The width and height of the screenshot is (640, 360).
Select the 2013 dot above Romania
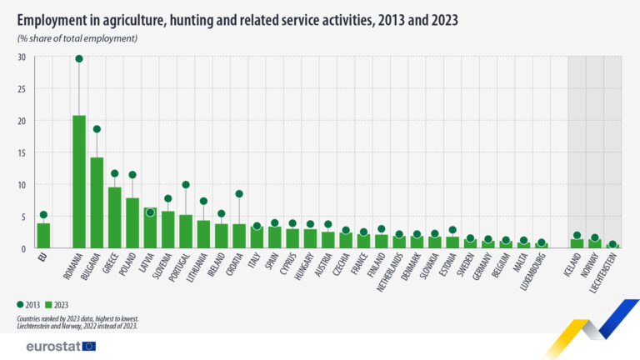pos(79,58)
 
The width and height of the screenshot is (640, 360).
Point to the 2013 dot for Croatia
pos(239,193)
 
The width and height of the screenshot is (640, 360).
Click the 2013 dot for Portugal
pos(186,185)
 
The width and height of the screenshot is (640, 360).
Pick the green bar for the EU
pos(43,235)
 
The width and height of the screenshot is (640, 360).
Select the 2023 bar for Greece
pos(114,217)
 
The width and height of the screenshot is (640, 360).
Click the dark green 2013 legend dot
pos(20,305)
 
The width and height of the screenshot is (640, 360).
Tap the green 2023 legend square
pos(49,305)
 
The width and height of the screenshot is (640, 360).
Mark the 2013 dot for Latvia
pos(150,212)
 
